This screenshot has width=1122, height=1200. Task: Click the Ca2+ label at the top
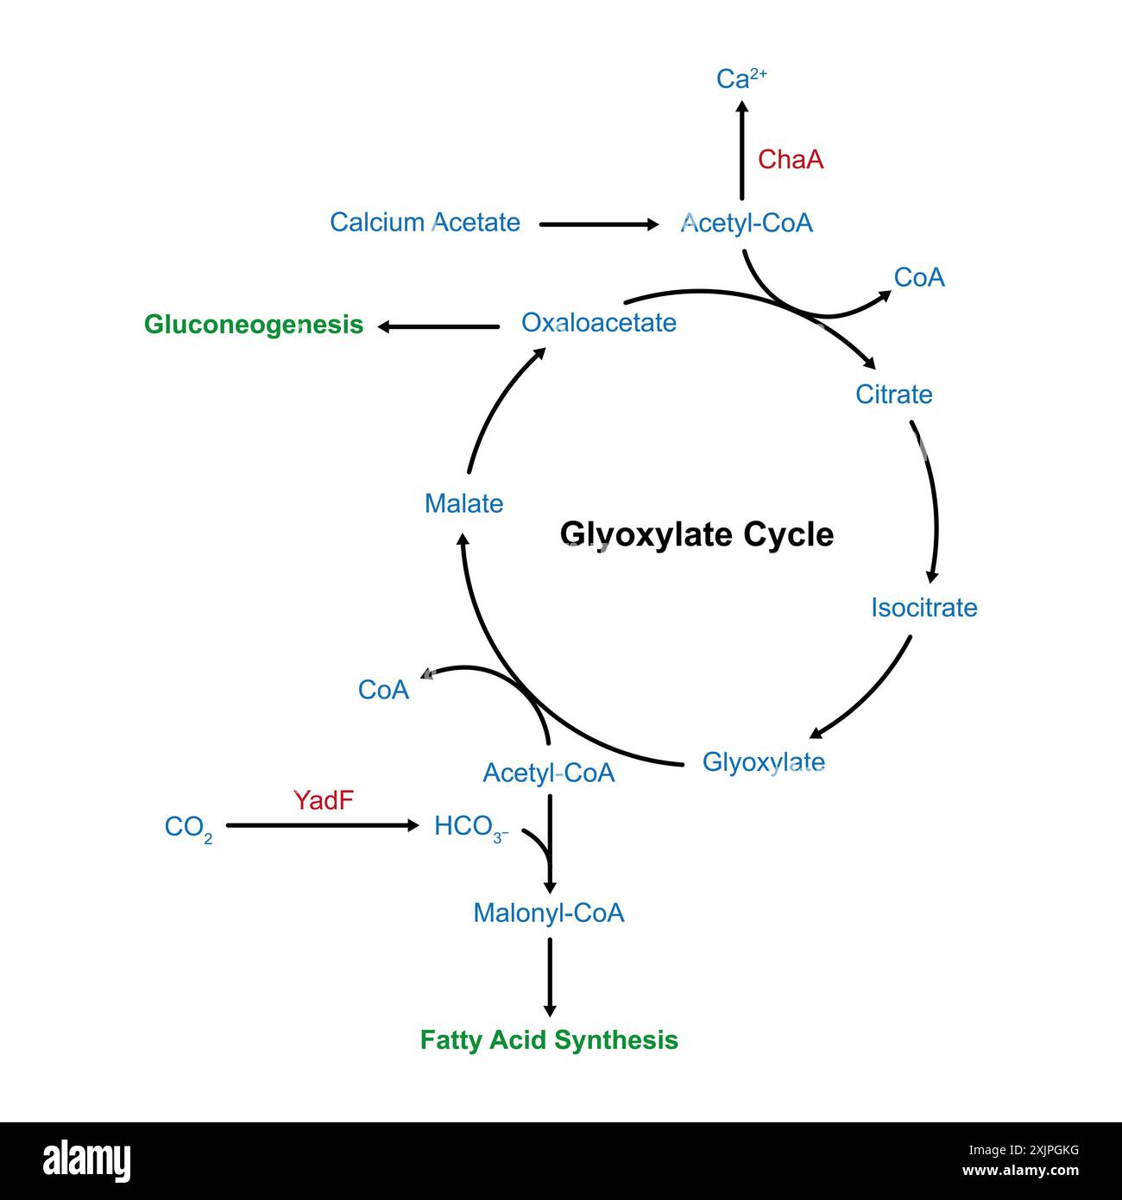pyautogui.click(x=741, y=79)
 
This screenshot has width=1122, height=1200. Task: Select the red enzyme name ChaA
pyautogui.click(x=791, y=160)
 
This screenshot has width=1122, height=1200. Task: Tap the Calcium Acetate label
pyautogui.click(x=425, y=223)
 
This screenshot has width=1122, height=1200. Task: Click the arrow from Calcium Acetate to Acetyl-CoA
pyautogui.click(x=598, y=224)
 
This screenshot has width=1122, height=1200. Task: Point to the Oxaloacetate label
pyautogui.click(x=599, y=323)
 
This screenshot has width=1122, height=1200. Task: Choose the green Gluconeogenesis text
pyautogui.click(x=254, y=325)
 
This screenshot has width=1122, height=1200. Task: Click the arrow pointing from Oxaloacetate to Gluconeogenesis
pyautogui.click(x=439, y=326)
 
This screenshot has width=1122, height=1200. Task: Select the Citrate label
pyautogui.click(x=893, y=395)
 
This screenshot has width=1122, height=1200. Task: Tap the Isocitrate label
pyautogui.click(x=923, y=608)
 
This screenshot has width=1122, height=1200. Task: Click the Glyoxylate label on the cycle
pyautogui.click(x=763, y=762)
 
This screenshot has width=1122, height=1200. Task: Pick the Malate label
pyautogui.click(x=463, y=503)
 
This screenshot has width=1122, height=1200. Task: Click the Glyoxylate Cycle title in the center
pyautogui.click(x=697, y=534)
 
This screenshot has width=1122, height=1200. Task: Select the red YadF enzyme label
pyautogui.click(x=324, y=801)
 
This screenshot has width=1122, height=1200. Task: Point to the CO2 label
pyautogui.click(x=188, y=828)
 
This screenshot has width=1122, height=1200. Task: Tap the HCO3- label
pyautogui.click(x=470, y=827)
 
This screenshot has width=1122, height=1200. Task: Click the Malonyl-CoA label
pyautogui.click(x=548, y=913)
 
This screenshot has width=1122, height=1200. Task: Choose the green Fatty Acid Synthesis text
pyautogui.click(x=549, y=1040)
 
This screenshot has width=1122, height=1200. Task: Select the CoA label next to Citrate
pyautogui.click(x=919, y=278)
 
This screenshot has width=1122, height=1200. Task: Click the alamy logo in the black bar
pyautogui.click(x=87, y=1161)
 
